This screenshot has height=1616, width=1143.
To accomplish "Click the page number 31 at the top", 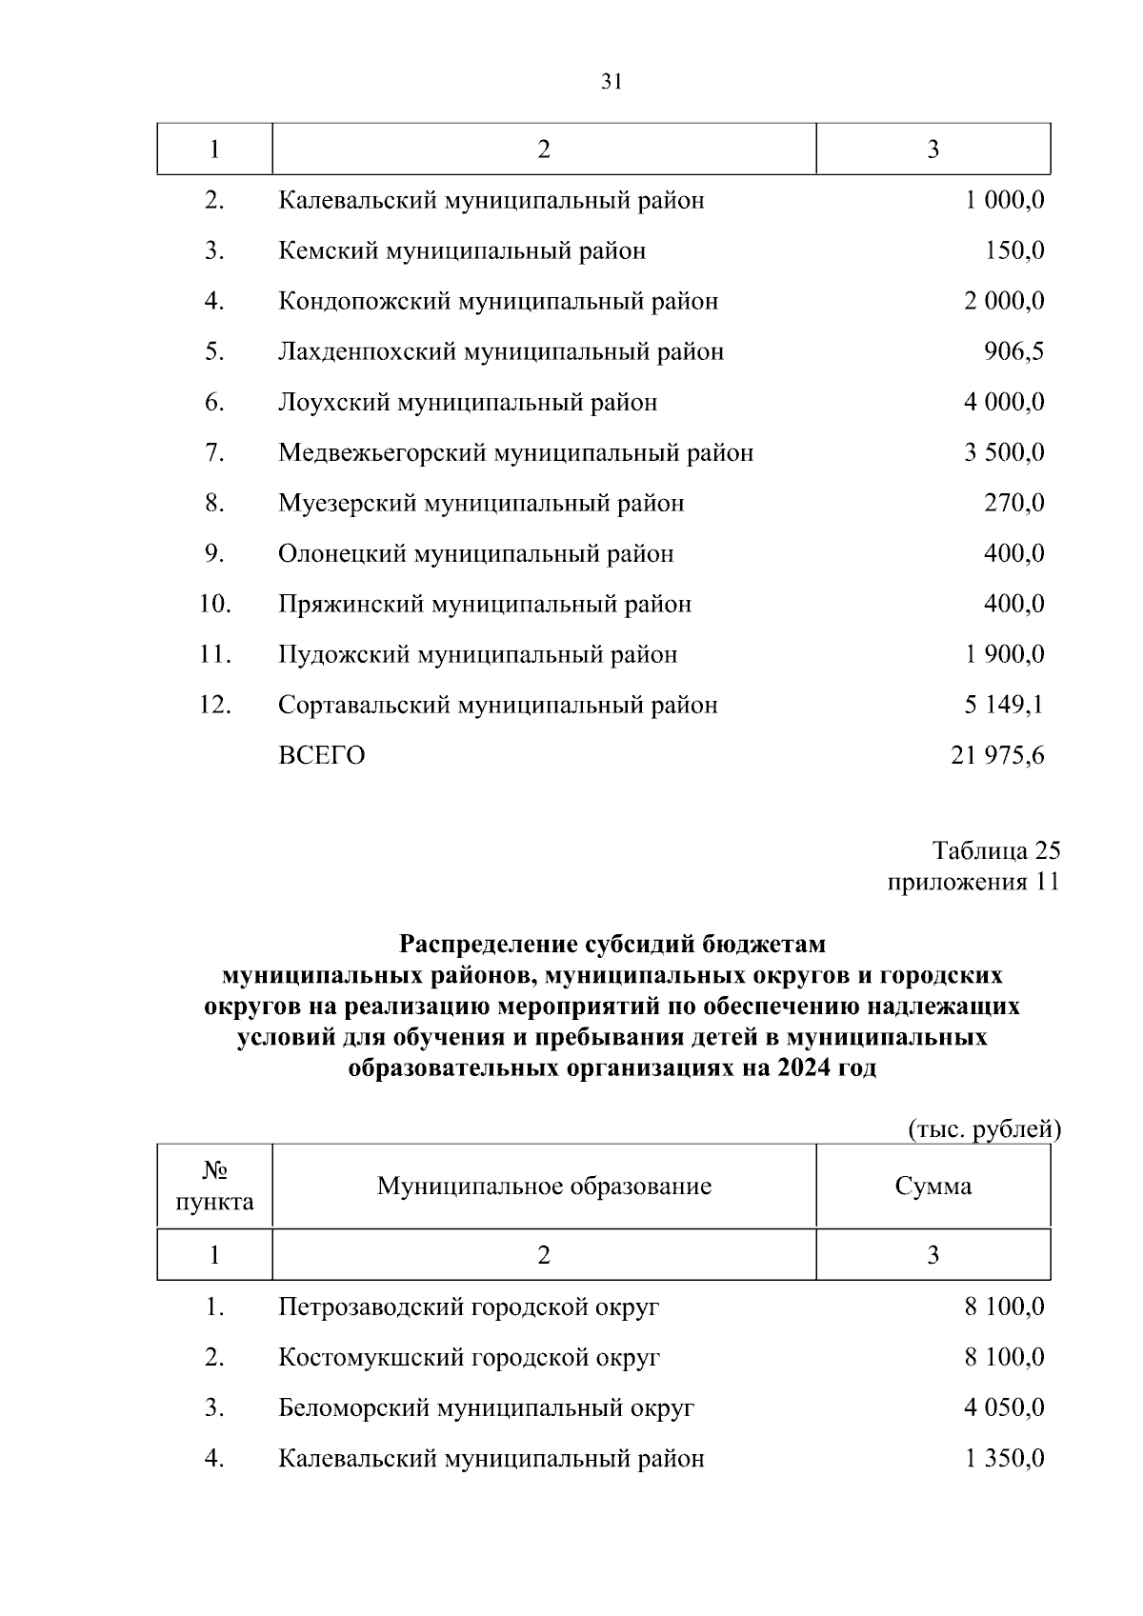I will click(612, 82).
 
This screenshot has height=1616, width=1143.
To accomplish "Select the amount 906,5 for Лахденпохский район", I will click(1013, 351).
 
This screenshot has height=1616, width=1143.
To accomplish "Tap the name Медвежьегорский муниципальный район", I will click(515, 452).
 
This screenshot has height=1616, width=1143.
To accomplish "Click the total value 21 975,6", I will click(997, 755).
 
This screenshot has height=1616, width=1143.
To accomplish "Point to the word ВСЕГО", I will click(321, 755).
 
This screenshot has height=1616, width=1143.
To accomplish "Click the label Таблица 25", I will click(996, 849).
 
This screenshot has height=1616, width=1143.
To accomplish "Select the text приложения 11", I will click(973, 881).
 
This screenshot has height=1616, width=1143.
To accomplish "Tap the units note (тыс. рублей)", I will click(984, 1128).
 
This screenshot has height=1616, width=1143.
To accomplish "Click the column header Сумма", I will click(932, 1186).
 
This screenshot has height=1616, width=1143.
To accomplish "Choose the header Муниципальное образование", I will click(544, 1186).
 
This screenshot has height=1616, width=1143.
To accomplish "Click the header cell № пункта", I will click(215, 1186).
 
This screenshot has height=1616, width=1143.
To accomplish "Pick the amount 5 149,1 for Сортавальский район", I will click(1004, 705).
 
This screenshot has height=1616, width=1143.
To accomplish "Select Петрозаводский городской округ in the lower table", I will click(469, 1307).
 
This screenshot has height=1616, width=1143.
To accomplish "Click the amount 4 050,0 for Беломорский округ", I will click(1004, 1407).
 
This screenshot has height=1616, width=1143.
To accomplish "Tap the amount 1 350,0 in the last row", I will click(1004, 1458).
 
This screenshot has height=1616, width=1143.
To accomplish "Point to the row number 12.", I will click(214, 705).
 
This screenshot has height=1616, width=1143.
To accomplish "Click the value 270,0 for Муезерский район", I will click(1013, 503).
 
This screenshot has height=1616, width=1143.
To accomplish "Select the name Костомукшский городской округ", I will click(469, 1357).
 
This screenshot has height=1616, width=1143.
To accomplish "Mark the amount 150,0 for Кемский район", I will click(1013, 250).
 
